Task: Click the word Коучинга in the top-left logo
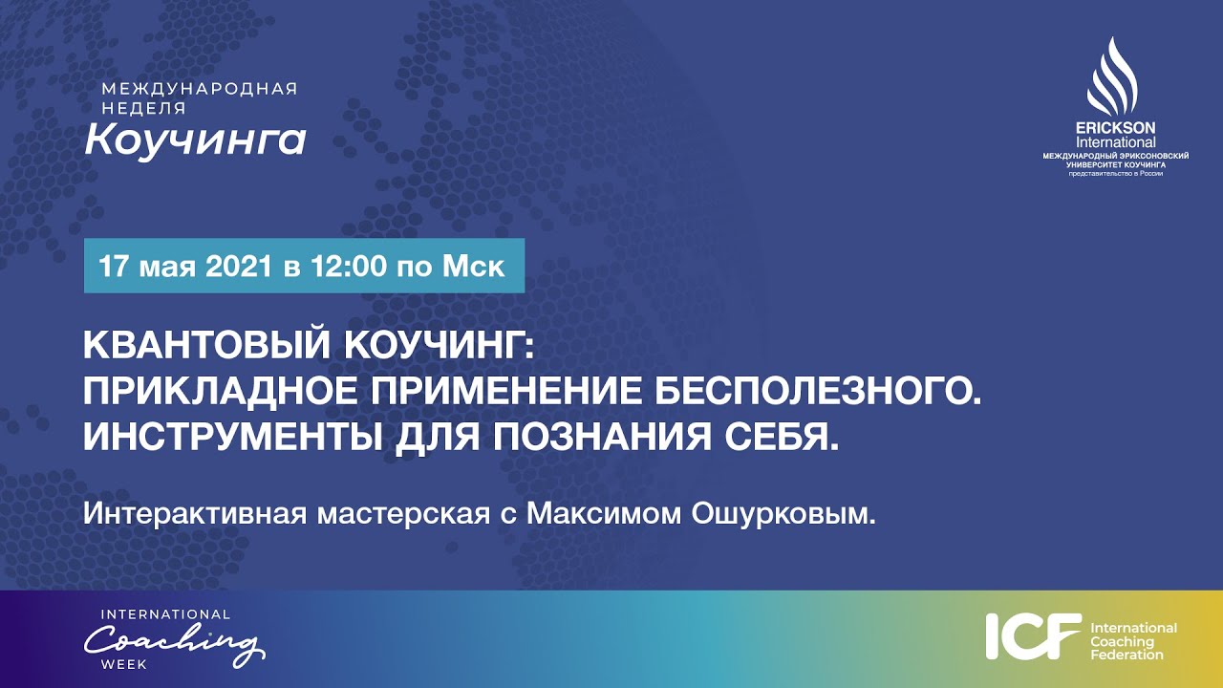click(195, 140)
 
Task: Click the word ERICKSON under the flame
click(1115, 127)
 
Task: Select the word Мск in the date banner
click(473, 266)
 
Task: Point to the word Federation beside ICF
click(1126, 656)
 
